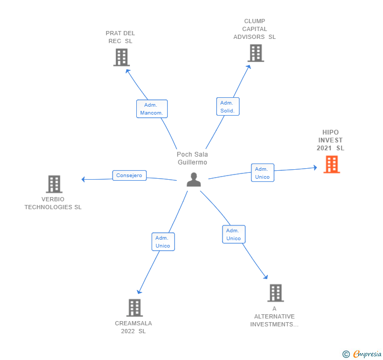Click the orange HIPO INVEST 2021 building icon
pos(331,164)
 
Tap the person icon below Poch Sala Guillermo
pos(194,180)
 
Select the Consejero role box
pos(129,176)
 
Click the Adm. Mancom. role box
pos(152,109)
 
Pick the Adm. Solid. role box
pos(228,106)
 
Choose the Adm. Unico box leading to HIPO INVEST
pos(263,173)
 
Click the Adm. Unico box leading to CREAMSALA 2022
pos(163,242)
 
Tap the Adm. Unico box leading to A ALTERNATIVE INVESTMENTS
pos(234,234)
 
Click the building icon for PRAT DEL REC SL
pos(122,58)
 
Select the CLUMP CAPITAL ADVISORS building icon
pos(256,53)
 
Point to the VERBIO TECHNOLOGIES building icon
pos(54,184)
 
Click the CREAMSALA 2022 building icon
pos(134,308)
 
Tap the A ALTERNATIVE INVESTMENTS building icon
pos(276,293)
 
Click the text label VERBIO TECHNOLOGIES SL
pos(53,203)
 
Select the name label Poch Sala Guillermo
pos(193,158)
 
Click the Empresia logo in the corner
pos(362,354)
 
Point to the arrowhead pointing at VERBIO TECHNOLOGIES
pos(83,179)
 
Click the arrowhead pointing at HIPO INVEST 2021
pos(315,168)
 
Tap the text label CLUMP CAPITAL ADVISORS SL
pos(255,29)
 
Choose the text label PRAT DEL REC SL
pos(120,37)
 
